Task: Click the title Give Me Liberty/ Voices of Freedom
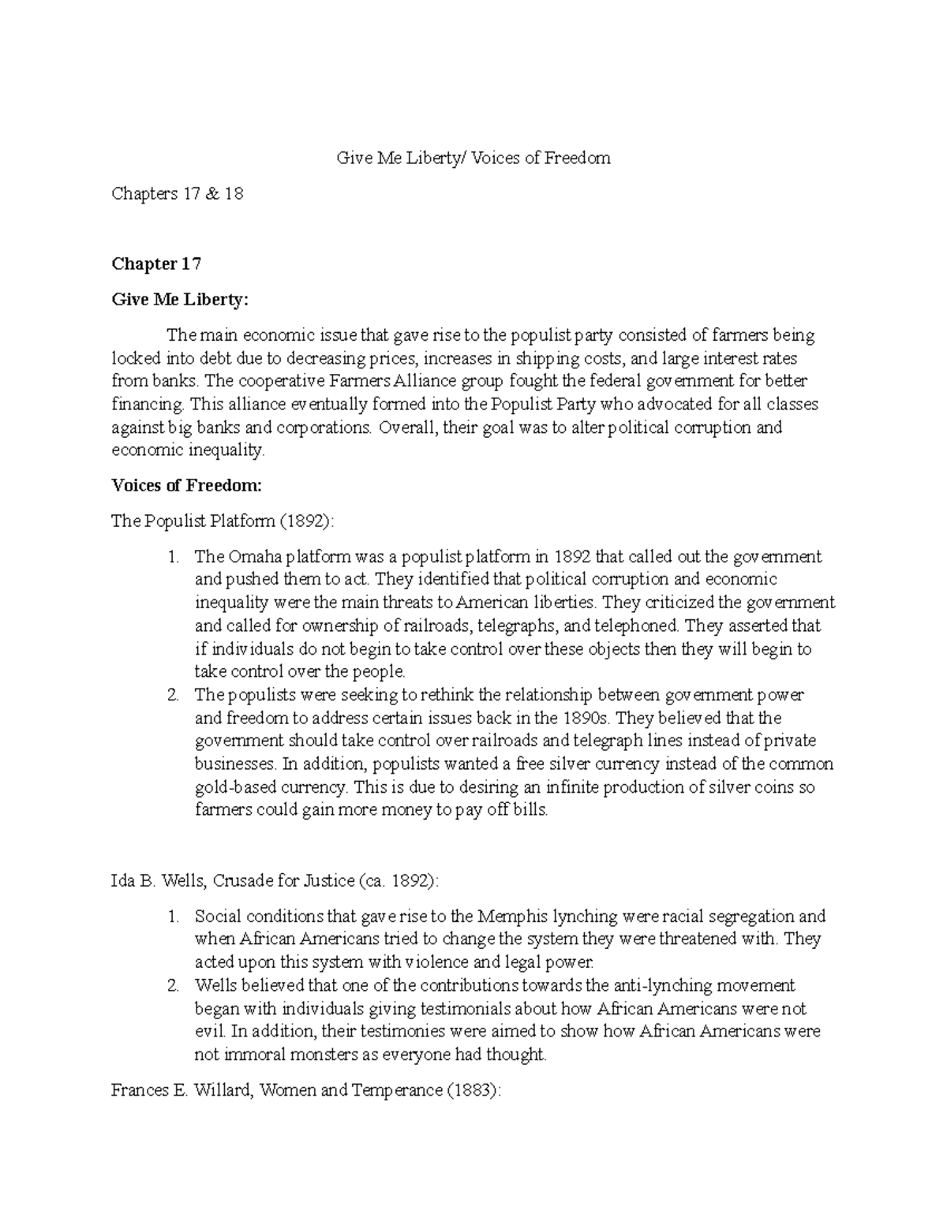click(473, 158)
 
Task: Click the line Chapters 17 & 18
click(177, 193)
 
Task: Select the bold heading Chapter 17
click(156, 263)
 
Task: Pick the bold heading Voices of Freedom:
click(186, 486)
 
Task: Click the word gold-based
click(230, 788)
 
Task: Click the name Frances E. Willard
click(182, 1091)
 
